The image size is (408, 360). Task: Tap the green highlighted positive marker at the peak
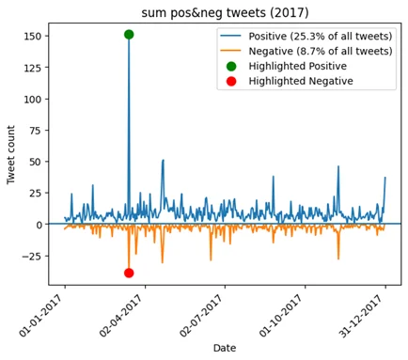click(x=129, y=35)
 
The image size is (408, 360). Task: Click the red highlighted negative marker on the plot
click(x=129, y=273)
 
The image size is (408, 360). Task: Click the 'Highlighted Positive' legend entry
click(x=297, y=67)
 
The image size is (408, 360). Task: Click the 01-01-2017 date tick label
click(x=47, y=314)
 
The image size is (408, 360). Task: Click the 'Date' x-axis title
click(x=224, y=348)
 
